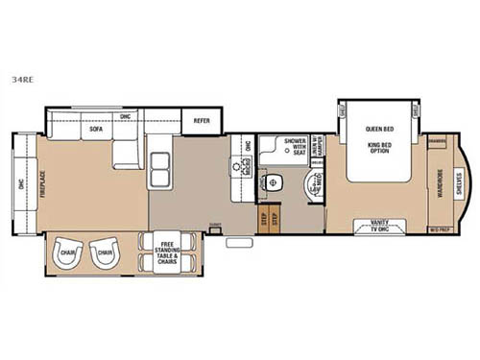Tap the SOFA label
click(x=96, y=128)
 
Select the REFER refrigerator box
click(x=202, y=121)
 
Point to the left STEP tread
click(x=264, y=219)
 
